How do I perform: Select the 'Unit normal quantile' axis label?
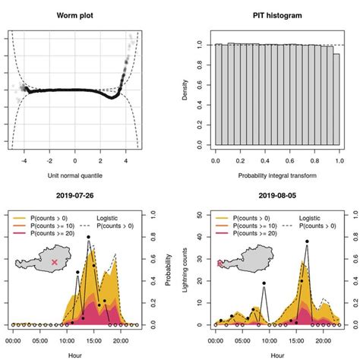click(74, 175)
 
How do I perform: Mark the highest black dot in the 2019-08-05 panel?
click(307, 242)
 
